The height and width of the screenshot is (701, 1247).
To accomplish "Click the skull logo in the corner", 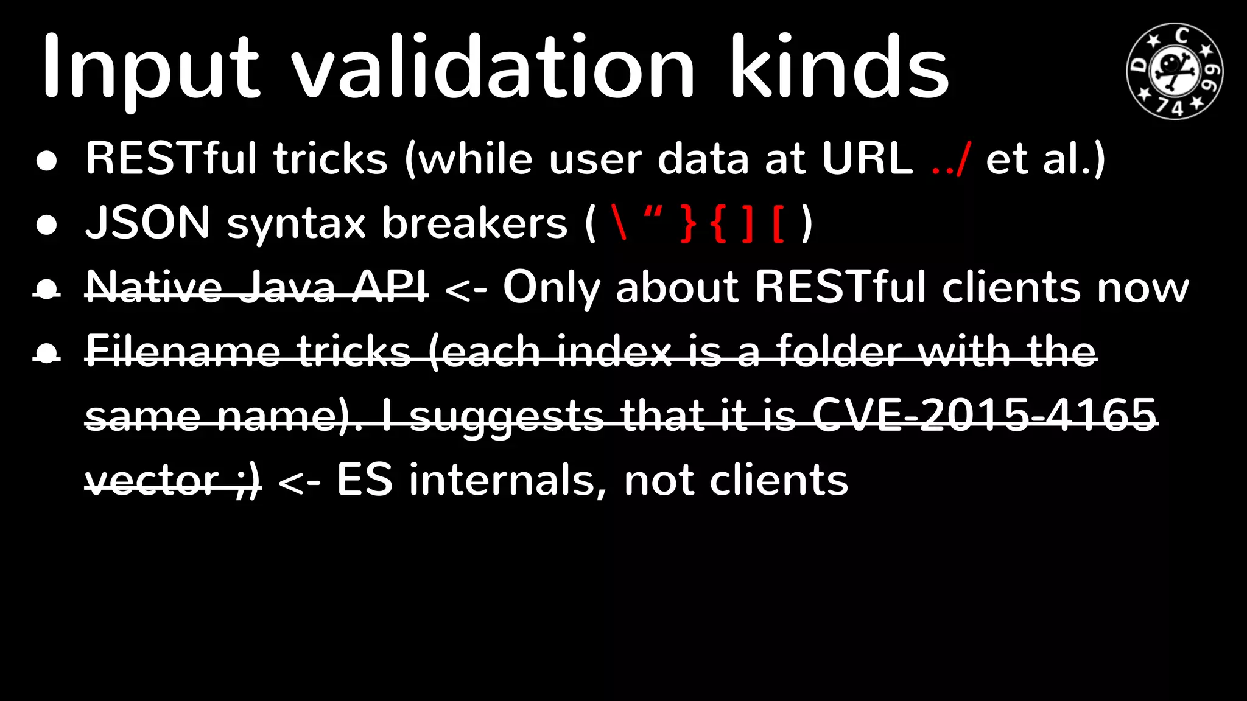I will point(1175,71).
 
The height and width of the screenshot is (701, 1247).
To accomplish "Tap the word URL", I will point(867,159).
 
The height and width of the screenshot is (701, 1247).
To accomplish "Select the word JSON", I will point(148,223).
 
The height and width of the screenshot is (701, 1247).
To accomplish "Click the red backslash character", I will point(620,223).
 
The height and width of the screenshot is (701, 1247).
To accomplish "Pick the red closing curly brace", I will point(688,223).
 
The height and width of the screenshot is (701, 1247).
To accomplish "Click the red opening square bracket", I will point(778,223).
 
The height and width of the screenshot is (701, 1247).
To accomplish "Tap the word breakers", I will point(474,223).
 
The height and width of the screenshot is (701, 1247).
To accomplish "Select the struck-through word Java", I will point(287,287).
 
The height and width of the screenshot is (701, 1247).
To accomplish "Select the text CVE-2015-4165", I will point(984,416).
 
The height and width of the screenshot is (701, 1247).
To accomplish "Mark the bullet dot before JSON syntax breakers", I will point(47,225).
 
